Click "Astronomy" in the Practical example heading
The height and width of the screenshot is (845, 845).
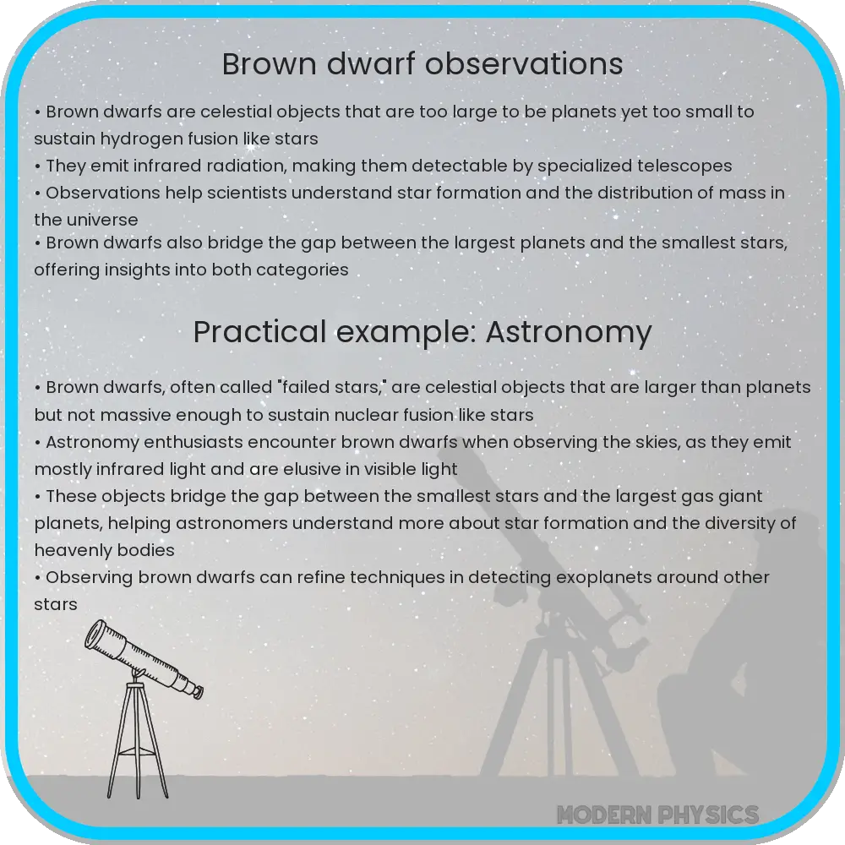(x=570, y=332)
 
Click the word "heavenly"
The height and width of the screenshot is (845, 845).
(x=68, y=550)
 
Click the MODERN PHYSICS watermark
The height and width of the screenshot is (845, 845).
(x=657, y=815)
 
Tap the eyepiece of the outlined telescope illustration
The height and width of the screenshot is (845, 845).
(x=195, y=691)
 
